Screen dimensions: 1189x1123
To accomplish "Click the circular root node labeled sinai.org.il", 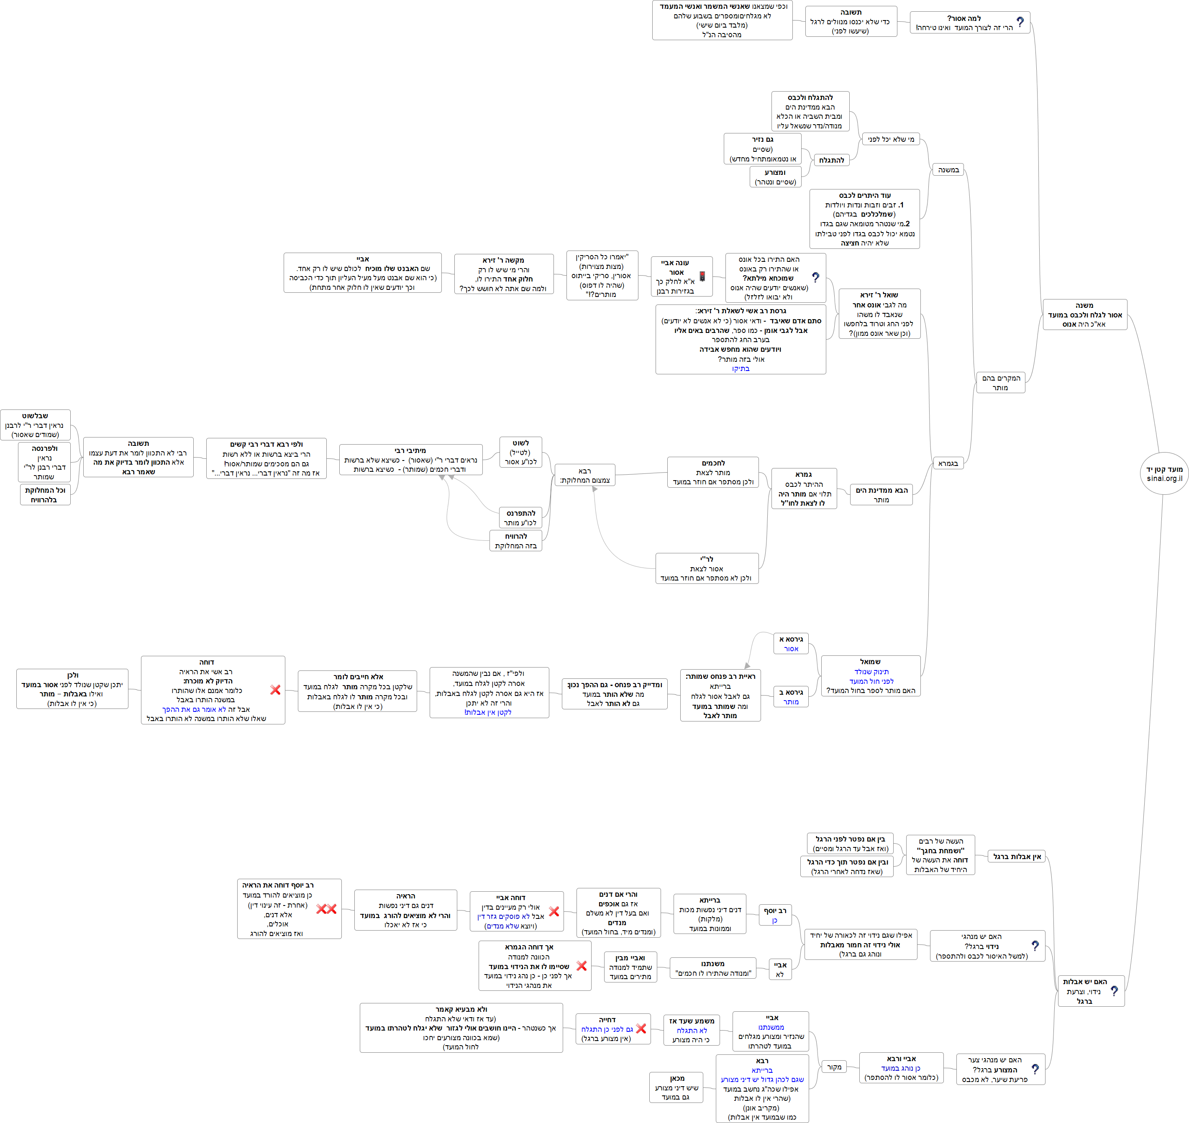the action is coord(1164,473).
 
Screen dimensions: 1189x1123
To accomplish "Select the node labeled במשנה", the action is coord(948,170).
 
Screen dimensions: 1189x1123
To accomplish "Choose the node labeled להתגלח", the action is coord(832,161).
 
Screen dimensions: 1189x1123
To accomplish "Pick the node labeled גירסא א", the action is coord(791,644).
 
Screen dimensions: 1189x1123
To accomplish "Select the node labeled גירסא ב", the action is coord(791,697).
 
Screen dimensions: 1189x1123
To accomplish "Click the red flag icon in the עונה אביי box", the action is coord(702,276).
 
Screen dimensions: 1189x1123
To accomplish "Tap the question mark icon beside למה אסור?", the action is coord(1020,22).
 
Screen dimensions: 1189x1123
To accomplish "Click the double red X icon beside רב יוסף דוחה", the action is coord(326,909).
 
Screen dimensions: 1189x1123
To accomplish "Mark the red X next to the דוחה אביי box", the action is coord(554,911).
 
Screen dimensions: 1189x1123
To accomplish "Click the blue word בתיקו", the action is coord(741,369).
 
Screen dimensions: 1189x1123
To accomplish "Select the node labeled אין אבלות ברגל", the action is coord(1017,857).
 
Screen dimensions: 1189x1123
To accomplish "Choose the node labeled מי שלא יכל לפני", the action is coord(891,139).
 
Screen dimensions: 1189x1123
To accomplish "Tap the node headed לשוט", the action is coord(520,453).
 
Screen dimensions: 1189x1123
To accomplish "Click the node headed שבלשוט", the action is coord(35,425).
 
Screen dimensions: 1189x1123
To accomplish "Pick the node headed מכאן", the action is coord(676,1087).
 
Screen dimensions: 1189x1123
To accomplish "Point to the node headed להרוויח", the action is coord(515,540).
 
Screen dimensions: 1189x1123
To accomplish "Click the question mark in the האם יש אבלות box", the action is coord(1114,991).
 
